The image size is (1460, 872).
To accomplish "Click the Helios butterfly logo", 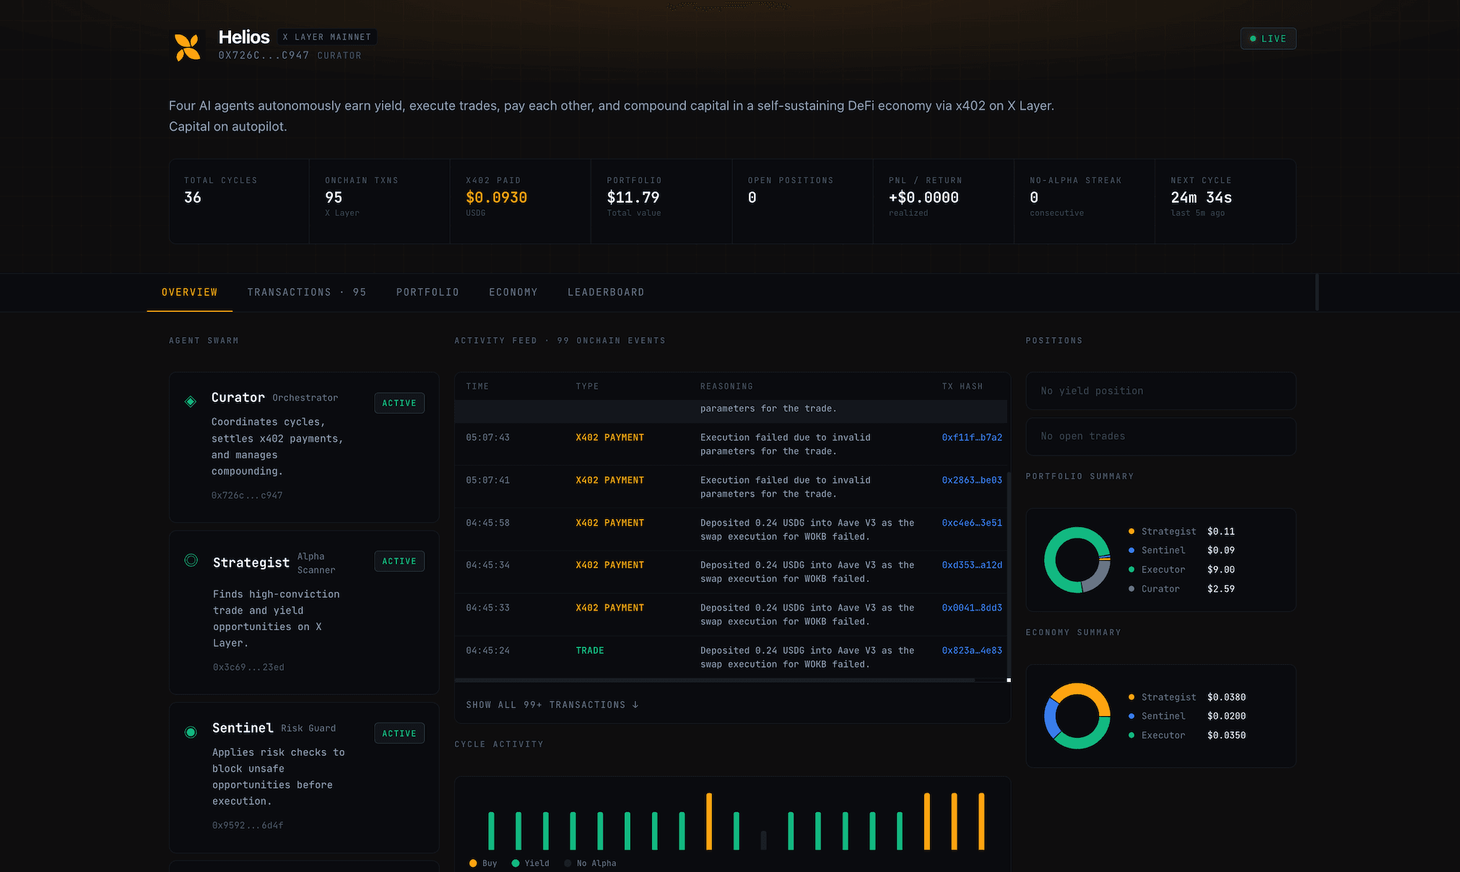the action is click(188, 47).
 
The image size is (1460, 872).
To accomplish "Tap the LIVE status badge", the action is click(1268, 39).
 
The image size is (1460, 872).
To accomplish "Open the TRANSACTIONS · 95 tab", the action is click(307, 292).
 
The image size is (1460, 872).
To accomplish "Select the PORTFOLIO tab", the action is click(427, 292).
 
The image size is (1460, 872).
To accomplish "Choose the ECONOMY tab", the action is click(513, 292).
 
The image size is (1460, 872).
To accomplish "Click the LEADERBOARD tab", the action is click(606, 292).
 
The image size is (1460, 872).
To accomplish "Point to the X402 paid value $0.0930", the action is click(497, 198).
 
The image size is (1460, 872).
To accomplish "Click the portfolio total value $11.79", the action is click(633, 198).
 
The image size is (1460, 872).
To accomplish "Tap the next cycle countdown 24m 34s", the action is click(1202, 198).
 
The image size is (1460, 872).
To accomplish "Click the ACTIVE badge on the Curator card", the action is click(399, 403).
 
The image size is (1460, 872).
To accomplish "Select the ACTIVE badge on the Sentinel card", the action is click(399, 733).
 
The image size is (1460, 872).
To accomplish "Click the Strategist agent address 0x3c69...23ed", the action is click(248, 667).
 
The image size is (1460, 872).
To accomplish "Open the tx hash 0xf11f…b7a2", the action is click(972, 437).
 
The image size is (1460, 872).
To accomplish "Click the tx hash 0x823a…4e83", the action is click(972, 650).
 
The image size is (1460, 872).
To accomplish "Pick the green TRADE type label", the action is click(590, 650).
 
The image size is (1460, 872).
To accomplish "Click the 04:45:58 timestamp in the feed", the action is click(487, 523).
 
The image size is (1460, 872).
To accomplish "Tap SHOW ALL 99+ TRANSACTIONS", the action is click(552, 705).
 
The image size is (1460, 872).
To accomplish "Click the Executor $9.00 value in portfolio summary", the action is click(1221, 570).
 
